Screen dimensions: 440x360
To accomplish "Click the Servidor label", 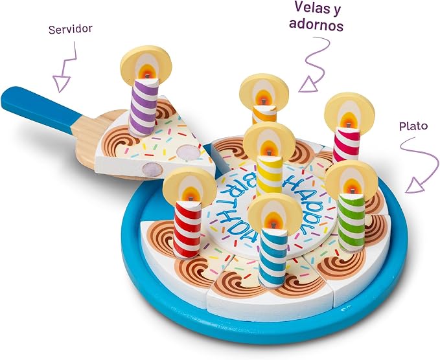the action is click(70, 29).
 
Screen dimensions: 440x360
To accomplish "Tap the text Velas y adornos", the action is click(316, 16).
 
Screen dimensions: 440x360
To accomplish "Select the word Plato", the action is click(413, 126).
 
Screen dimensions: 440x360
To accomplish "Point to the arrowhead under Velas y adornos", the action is click(308, 85).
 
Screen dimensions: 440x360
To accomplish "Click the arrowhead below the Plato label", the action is click(415, 186).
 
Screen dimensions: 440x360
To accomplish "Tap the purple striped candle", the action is click(144, 107).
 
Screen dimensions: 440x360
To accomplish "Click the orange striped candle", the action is click(264, 115).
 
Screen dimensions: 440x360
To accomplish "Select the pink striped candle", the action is click(347, 144).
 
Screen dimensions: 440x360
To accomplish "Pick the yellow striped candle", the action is click(269, 175).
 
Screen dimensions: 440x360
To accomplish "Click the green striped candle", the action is click(351, 222).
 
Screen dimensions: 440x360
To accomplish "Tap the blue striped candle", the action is click(273, 258).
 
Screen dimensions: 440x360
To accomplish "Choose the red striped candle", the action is click(187, 229).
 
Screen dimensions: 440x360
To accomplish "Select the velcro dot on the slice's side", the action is click(152, 170).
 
